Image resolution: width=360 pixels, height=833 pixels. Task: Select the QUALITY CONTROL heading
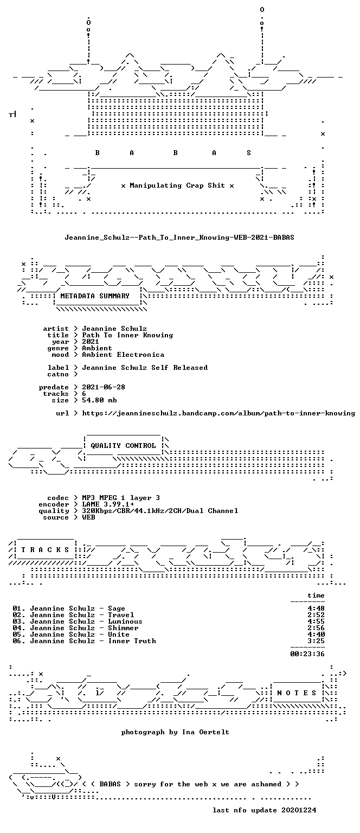pyautogui.click(x=123, y=445)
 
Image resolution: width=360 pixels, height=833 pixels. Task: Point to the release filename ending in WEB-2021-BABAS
pyautogui.click(x=179, y=237)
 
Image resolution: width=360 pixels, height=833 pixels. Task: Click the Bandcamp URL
pyautogui.click(x=218, y=413)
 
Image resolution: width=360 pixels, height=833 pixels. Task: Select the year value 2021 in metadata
pyautogui.click(x=91, y=341)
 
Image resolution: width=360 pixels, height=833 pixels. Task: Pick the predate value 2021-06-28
pyautogui.click(x=104, y=387)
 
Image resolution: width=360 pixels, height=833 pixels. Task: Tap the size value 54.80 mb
pyautogui.click(x=99, y=400)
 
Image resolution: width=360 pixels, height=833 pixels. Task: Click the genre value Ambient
pyautogui.click(x=97, y=348)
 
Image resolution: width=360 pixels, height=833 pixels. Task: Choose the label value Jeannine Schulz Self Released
pyautogui.click(x=145, y=367)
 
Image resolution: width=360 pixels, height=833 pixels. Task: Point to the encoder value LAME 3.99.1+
pyautogui.click(x=108, y=504)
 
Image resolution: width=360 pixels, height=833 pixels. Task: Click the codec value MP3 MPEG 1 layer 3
pyautogui.click(x=121, y=497)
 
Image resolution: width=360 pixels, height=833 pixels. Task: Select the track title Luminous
pyautogui.click(x=125, y=621)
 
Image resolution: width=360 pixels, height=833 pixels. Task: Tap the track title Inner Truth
pyautogui.click(x=132, y=640)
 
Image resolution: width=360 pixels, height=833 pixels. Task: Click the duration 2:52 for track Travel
pyautogui.click(x=316, y=615)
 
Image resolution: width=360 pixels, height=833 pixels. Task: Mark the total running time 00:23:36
pyautogui.click(x=307, y=653)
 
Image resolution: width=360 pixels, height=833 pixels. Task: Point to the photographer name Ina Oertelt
pyautogui.click(x=205, y=732)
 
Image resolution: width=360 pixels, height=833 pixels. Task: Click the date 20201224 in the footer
pyautogui.click(x=299, y=810)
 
